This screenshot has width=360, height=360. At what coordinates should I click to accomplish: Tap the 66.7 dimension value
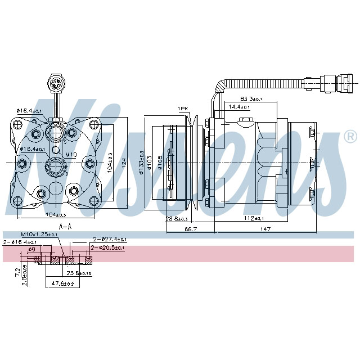click(190, 229)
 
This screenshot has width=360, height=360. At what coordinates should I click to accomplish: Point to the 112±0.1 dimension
click(254, 218)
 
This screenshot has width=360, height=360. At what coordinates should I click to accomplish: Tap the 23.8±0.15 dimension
click(79, 273)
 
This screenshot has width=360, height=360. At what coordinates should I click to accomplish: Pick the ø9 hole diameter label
click(31, 249)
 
